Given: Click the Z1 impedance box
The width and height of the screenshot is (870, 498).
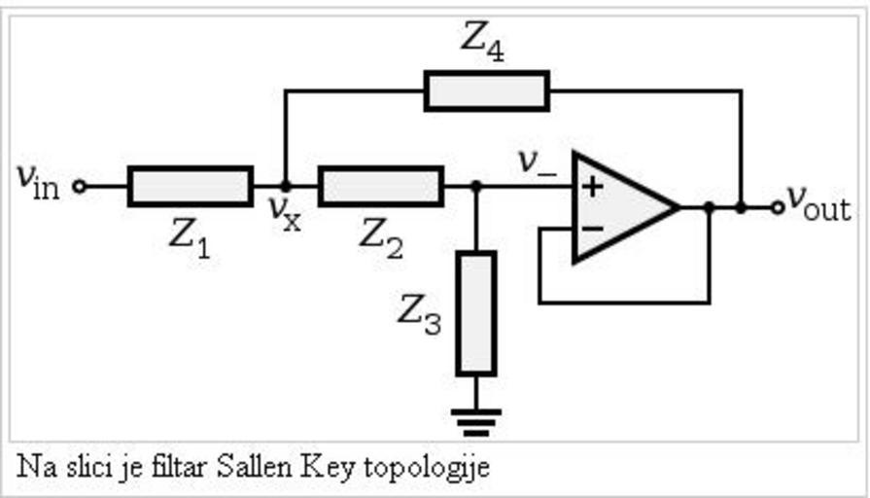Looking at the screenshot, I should [190, 186].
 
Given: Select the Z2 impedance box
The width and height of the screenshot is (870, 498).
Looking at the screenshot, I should [380, 186].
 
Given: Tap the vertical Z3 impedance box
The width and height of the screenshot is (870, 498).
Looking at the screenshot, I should [475, 312].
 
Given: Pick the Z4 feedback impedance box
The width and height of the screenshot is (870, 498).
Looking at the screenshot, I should [487, 90].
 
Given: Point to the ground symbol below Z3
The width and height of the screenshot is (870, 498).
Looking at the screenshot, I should [475, 419].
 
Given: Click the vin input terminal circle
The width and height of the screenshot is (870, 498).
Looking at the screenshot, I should [80, 186].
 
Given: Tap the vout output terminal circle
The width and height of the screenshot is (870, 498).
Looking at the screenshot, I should [777, 206].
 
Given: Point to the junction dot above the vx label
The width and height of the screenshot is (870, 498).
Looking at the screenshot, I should [285, 186].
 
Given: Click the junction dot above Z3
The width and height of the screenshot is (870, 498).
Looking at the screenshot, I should [475, 186].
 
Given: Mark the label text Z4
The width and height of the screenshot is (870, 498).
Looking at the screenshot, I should [482, 40].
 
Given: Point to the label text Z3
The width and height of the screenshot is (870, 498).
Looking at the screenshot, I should [419, 314].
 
